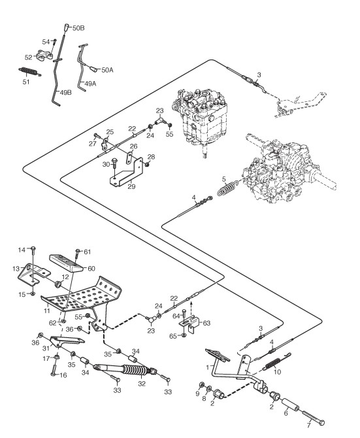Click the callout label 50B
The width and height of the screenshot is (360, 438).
click(78, 28)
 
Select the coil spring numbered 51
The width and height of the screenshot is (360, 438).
click(29, 72)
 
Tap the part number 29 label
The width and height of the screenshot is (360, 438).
click(131, 186)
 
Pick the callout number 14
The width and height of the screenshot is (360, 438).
click(22, 250)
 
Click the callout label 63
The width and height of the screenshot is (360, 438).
click(206, 323)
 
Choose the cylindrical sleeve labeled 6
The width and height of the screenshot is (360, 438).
click(289, 405)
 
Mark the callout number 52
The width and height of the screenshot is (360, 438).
click(29, 58)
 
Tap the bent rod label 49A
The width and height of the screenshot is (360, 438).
click(90, 84)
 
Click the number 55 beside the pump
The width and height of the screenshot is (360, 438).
click(169, 134)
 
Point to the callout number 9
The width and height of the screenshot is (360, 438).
click(197, 394)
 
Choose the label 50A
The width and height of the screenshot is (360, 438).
click(107, 70)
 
